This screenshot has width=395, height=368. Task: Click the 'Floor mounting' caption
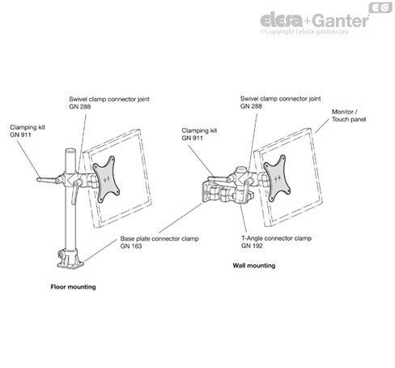click(73, 287)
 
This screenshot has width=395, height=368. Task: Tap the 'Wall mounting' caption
click(254, 266)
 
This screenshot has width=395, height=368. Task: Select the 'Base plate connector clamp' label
click(159, 238)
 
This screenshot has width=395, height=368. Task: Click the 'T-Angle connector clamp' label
click(276, 238)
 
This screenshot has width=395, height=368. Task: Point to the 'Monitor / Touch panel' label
click(349, 115)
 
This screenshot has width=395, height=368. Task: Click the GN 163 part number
click(131, 246)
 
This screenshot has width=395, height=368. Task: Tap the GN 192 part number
click(252, 246)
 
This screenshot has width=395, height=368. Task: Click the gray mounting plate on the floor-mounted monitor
click(106, 179)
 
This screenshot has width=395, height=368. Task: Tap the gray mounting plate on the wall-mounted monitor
click(277, 178)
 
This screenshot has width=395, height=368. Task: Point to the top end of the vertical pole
click(70, 150)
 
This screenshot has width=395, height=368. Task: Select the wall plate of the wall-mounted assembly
click(206, 192)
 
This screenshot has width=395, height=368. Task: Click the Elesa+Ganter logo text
click(314, 20)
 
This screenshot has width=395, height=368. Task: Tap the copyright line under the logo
click(304, 32)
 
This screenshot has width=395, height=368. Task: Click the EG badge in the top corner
click(380, 8)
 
